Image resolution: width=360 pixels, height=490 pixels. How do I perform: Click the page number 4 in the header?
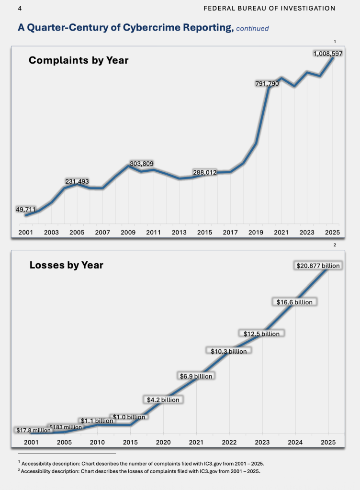click(19, 9)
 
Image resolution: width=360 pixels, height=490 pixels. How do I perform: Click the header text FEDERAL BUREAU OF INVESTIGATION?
click(270, 9)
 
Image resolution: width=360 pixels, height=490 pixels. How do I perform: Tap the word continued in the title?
click(252, 29)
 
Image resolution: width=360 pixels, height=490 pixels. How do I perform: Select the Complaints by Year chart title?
click(79, 60)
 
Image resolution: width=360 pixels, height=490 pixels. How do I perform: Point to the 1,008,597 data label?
click(328, 54)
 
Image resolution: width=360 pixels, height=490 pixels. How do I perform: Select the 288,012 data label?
click(205, 172)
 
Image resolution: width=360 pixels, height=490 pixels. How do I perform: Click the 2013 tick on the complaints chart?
click(179, 232)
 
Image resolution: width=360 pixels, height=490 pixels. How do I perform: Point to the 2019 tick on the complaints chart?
click(256, 232)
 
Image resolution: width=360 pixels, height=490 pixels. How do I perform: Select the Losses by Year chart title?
click(66, 265)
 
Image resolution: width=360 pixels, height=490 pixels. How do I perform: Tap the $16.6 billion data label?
click(294, 302)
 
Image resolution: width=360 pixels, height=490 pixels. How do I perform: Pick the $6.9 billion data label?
click(196, 376)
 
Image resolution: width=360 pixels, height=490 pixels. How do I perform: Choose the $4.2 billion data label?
click(163, 399)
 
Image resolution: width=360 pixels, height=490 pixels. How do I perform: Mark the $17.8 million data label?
click(33, 430)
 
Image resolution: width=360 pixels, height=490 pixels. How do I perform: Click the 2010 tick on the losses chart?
click(97, 442)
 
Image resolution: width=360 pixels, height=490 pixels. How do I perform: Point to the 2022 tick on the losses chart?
click(229, 442)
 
